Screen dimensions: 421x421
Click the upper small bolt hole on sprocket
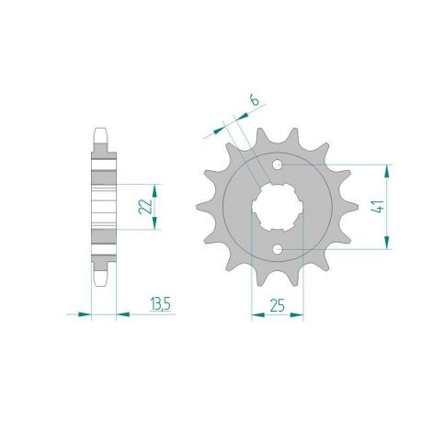pos(279,166)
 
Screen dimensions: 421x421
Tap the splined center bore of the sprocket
pos(278,207)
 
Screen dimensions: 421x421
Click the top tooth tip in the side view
pos(101,131)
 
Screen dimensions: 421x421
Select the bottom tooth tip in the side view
pos(101,281)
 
